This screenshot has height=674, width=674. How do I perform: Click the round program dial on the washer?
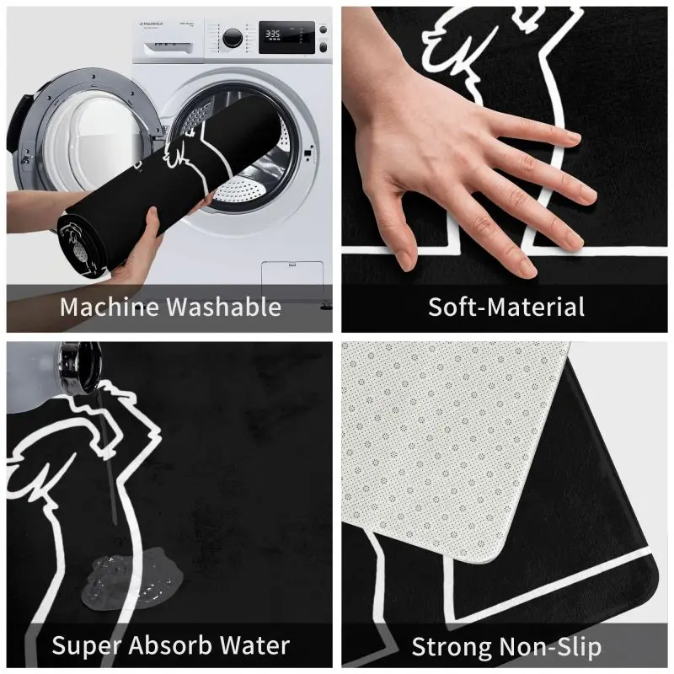point(232,37)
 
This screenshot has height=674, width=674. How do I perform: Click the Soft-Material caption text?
point(505,307)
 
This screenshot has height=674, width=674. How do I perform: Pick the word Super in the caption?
point(88,646)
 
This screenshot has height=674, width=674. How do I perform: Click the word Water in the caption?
point(253,646)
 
